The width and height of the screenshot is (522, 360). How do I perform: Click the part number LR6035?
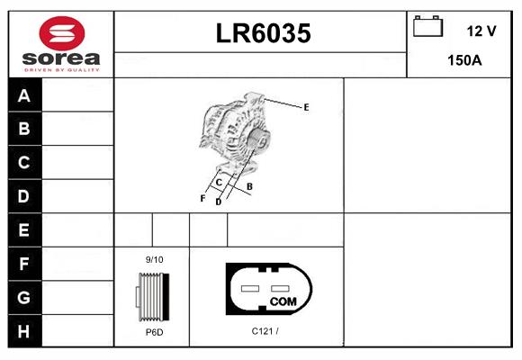(263, 33)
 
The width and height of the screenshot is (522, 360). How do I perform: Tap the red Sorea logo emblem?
(62, 33)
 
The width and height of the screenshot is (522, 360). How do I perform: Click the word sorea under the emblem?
(61, 58)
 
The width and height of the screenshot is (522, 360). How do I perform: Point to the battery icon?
(427, 26)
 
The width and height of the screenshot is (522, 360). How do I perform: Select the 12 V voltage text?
(481, 31)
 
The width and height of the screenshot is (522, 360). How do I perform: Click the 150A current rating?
(464, 60)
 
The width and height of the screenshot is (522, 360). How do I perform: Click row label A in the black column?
(24, 95)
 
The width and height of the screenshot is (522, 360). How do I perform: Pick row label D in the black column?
(23, 196)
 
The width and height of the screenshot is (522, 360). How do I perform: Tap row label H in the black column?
(23, 331)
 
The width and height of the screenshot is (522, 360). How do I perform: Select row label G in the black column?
(23, 297)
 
